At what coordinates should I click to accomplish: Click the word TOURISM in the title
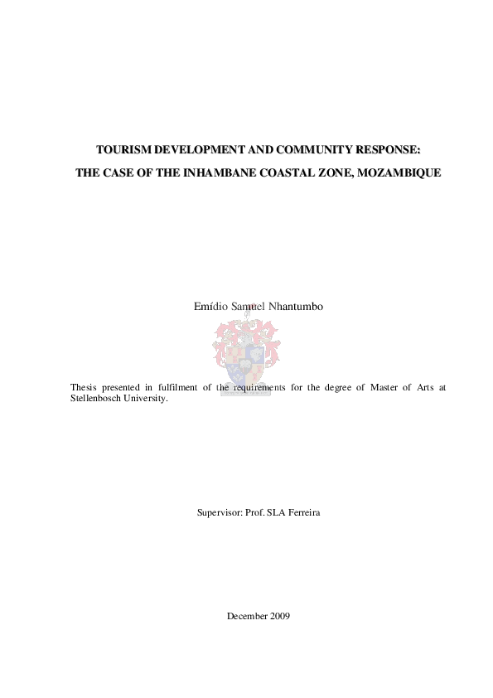click(x=119, y=151)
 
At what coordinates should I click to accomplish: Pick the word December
click(x=246, y=615)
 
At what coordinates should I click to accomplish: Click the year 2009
click(x=280, y=615)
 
